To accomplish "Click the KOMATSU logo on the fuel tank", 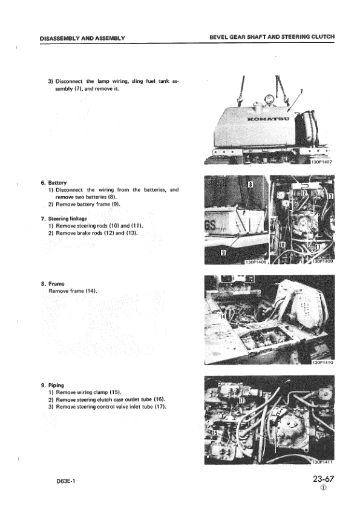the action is point(268,119).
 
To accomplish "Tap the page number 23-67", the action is point(323,479).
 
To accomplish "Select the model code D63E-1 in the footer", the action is point(65,481).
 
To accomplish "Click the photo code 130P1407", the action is point(321,162).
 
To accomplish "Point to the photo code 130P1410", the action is point(322,362).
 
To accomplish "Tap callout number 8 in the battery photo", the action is point(250,185).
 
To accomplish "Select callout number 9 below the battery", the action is point(223,252).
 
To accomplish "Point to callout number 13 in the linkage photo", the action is point(330,196).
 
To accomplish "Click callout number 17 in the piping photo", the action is point(241,400).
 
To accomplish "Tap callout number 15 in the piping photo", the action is point(215,434).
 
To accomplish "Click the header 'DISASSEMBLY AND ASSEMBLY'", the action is point(82,38).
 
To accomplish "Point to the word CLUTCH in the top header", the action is point(322,37).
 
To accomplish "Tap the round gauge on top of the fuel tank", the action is point(269,99).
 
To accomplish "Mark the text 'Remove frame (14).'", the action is point(73,291).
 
